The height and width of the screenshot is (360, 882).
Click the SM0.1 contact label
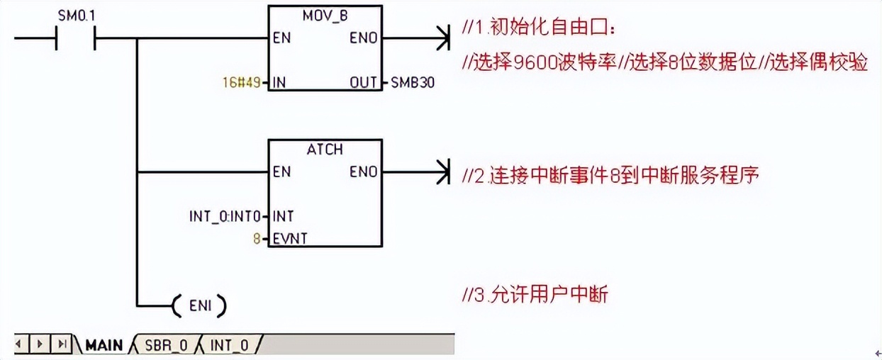click(76, 14)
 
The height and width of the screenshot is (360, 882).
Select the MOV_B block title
click(325, 15)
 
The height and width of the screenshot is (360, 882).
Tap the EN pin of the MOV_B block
click(281, 38)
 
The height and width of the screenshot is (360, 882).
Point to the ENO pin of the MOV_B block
click(363, 38)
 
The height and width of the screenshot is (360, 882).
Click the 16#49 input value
click(241, 83)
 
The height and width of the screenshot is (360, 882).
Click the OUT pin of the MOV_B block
click(364, 83)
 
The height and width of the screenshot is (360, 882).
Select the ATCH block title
click(325, 150)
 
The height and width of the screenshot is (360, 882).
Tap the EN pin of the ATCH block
click(281, 171)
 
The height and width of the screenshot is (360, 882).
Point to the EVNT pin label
click(290, 239)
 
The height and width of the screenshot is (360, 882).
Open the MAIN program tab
click(104, 345)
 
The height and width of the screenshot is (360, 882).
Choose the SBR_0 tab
click(165, 345)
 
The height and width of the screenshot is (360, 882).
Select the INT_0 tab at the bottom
click(229, 345)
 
